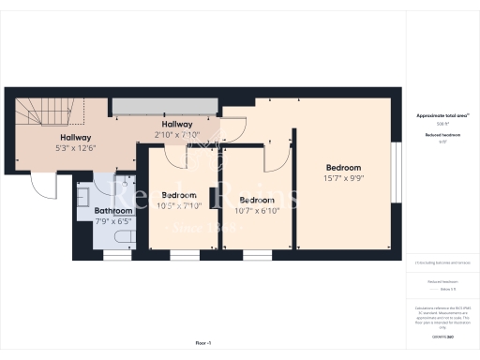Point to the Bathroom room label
(x=113, y=211)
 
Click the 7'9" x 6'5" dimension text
(x=113, y=221)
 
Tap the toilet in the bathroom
(x=118, y=246)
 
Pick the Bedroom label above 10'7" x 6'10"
(x=256, y=200)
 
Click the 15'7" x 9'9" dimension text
(x=344, y=179)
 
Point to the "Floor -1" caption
(x=202, y=344)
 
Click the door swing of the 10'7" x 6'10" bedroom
(x=274, y=159)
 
